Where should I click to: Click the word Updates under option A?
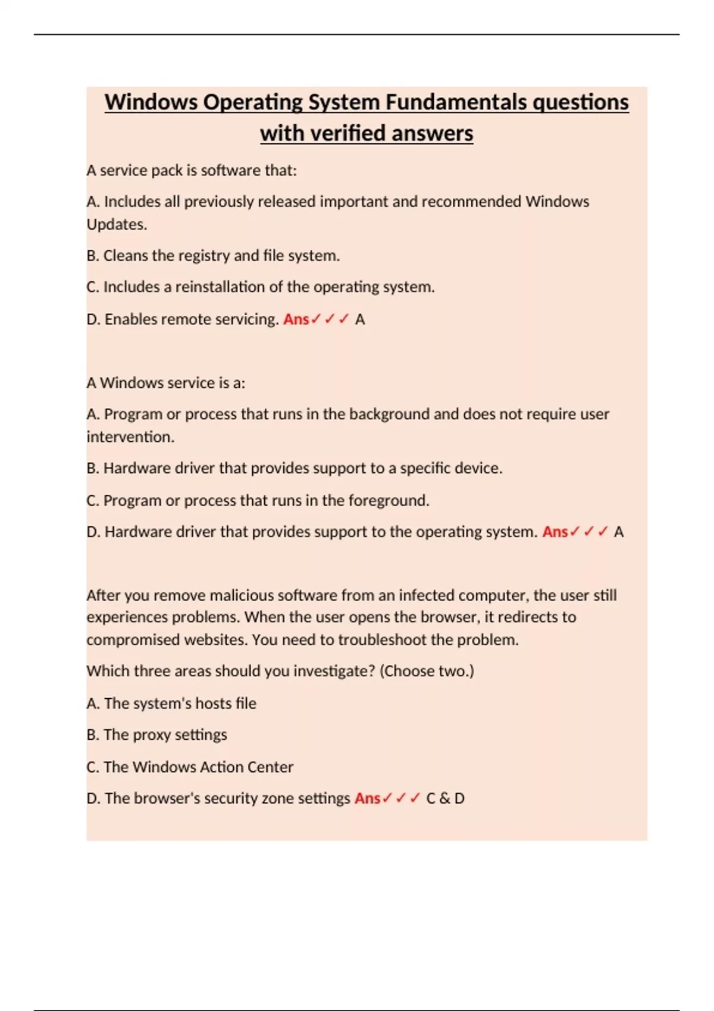coord(116,225)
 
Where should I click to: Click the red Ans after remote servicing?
coord(296,319)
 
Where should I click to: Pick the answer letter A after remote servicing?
coord(360,319)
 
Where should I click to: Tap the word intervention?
coord(130,437)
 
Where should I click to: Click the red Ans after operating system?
coord(555,532)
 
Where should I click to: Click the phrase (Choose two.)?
coord(427,671)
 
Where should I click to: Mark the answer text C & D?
coord(445,798)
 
